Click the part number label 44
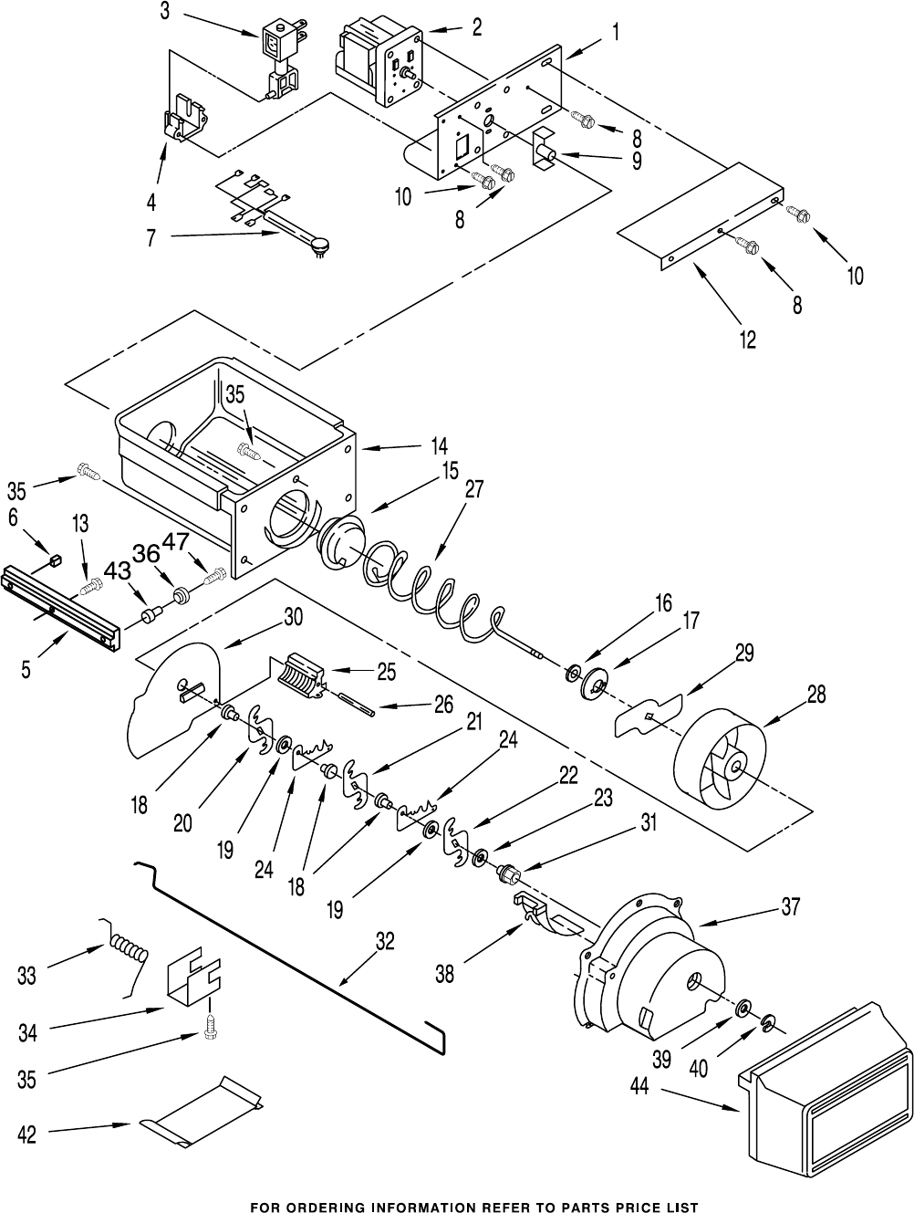(x=639, y=1088)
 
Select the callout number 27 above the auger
(x=473, y=489)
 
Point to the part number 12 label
(x=747, y=339)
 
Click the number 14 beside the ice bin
(x=439, y=446)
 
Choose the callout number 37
(x=790, y=907)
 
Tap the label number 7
(x=151, y=237)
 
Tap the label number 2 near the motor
(x=476, y=27)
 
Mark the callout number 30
(x=293, y=617)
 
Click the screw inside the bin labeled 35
(x=251, y=449)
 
